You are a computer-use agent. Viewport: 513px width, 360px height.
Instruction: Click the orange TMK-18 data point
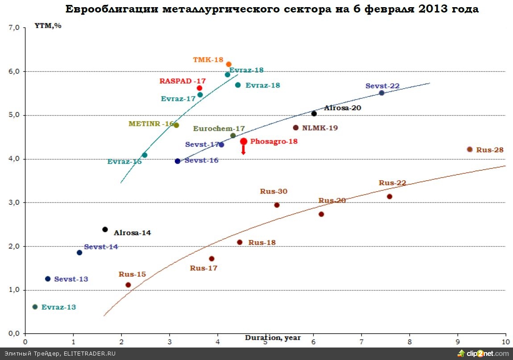(229, 65)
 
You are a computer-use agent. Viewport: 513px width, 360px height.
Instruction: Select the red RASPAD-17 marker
(199, 88)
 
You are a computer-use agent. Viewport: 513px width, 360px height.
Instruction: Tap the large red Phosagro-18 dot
(244, 141)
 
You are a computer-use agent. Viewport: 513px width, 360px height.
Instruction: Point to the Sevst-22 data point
(381, 93)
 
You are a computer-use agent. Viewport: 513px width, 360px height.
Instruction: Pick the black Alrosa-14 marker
(105, 229)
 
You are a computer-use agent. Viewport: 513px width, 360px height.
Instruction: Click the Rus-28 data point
(469, 149)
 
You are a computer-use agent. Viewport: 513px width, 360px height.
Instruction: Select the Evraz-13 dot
(35, 307)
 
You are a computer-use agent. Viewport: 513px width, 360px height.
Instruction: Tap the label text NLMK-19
(320, 128)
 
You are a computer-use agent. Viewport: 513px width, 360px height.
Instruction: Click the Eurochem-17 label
(219, 128)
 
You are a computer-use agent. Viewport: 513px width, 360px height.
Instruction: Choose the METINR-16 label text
(151, 124)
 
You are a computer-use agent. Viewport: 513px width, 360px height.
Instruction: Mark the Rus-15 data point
(128, 285)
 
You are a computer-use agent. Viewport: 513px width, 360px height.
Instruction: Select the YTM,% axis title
(48, 25)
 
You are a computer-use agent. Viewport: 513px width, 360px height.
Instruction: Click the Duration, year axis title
(273, 338)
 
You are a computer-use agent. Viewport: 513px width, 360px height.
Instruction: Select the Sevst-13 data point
(48, 279)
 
